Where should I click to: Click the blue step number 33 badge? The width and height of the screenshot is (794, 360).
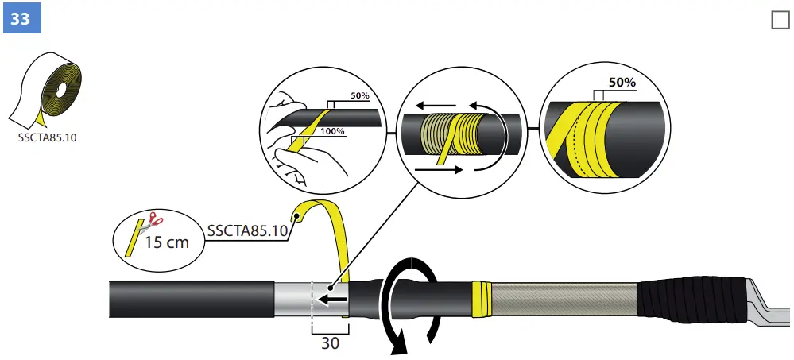point(20,18)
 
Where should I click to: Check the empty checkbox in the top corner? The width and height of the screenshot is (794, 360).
point(780,20)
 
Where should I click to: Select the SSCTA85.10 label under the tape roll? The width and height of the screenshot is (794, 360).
point(48,137)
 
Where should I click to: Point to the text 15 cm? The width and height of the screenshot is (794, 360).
point(166,242)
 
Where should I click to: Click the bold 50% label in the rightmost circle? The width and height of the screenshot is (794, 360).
point(623,82)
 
